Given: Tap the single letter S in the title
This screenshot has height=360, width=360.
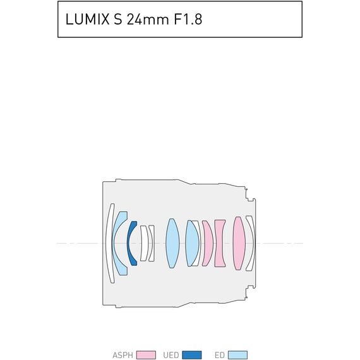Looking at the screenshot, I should coord(117,20).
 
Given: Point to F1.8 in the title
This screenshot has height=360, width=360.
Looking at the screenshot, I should coord(186,20).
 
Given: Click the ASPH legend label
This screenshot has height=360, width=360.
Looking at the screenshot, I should coord(123,355).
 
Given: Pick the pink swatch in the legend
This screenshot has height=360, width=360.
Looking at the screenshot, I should coord(146,355).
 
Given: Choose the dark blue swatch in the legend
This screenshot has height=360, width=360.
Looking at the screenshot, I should coord(192,355).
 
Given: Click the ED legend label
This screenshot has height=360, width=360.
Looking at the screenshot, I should coord(220,355).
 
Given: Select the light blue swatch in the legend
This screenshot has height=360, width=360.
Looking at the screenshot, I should coord(238,355).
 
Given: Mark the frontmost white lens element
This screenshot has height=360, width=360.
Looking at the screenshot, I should coord(110,243).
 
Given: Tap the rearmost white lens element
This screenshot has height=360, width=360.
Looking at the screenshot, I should coord(249,243).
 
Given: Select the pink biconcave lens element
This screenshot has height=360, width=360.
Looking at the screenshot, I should coord(220,243).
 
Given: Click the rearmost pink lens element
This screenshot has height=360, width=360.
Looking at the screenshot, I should coord(238,243).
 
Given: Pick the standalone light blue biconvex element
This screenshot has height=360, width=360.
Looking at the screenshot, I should coord(172,243).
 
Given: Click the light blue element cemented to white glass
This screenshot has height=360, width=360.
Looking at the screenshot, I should coord(192,243).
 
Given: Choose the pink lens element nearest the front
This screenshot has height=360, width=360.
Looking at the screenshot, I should coord(207,243).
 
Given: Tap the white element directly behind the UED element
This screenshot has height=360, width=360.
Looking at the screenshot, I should coord(143,243).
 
